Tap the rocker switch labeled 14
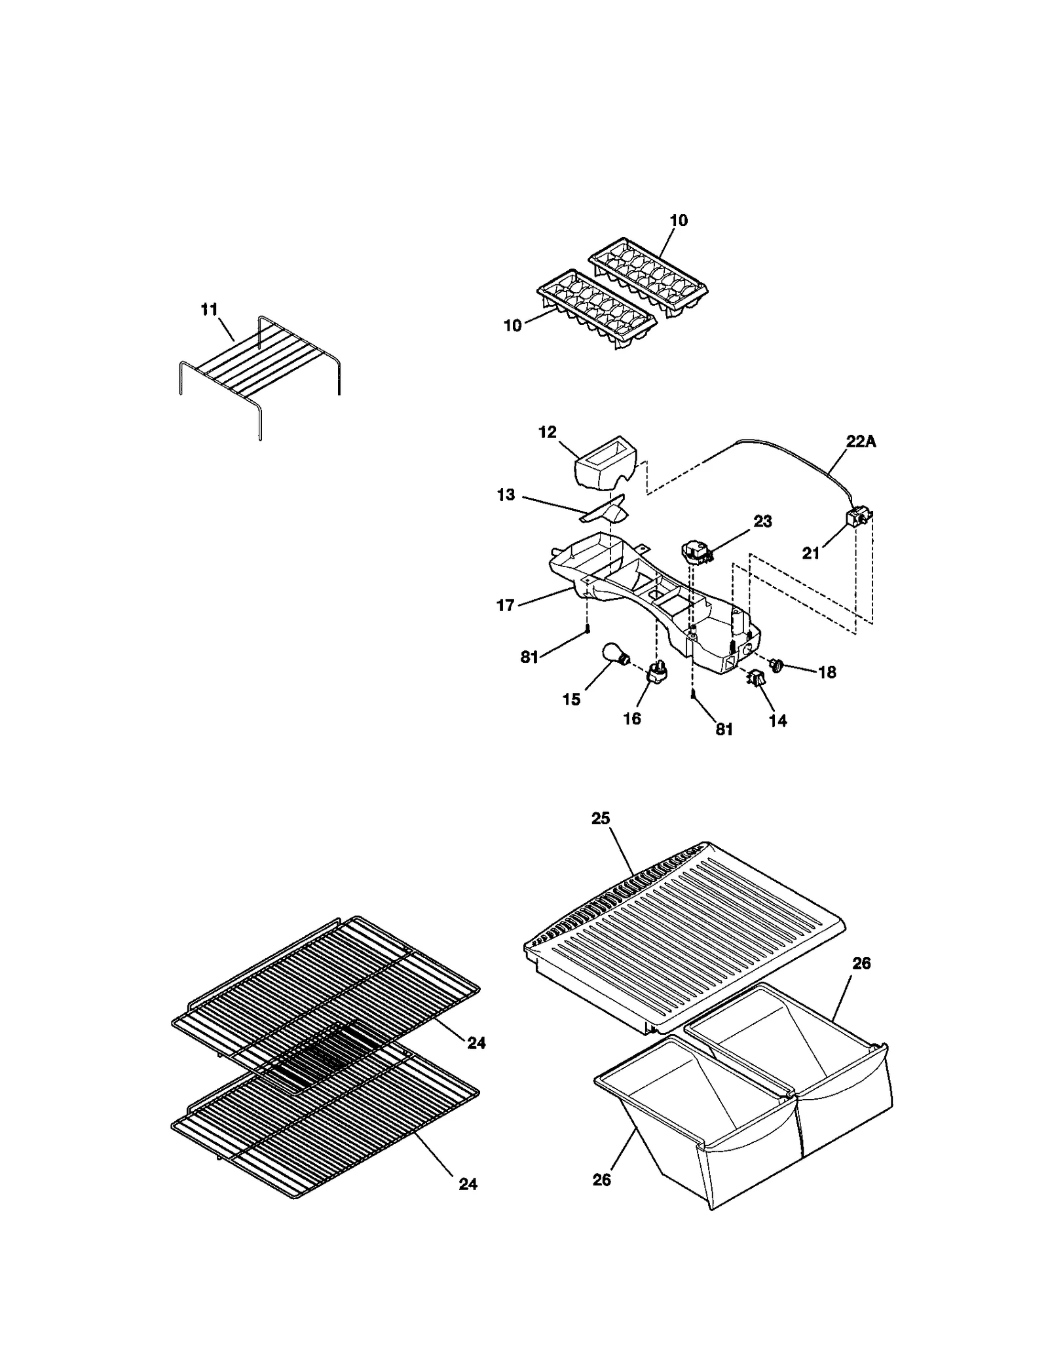coord(757,679)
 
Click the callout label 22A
coord(860,442)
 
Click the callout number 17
coord(506,605)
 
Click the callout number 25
coord(601,819)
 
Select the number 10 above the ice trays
coord(679,221)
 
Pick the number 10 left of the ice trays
coord(512,326)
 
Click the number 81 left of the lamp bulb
coord(529,657)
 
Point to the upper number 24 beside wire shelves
coord(476,1043)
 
